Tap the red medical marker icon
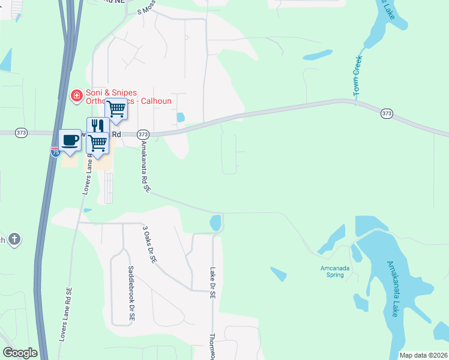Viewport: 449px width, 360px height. [77, 95]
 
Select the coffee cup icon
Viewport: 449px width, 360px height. [70, 140]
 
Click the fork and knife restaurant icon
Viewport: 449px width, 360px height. [97, 127]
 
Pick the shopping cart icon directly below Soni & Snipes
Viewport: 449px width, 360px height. [116, 109]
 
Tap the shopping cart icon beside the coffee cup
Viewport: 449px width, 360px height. [97, 143]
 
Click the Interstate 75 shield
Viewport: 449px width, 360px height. [55, 152]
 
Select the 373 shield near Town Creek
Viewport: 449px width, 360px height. [387, 113]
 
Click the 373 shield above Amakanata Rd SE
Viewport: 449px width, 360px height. [143, 134]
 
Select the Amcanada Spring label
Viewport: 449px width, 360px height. [331, 271]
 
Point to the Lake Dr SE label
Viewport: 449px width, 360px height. [212, 283]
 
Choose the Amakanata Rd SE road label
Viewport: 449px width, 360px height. [145, 167]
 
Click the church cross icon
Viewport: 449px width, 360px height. [14, 240]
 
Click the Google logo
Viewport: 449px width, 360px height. [20, 353]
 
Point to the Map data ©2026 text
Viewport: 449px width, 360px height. [423, 355]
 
